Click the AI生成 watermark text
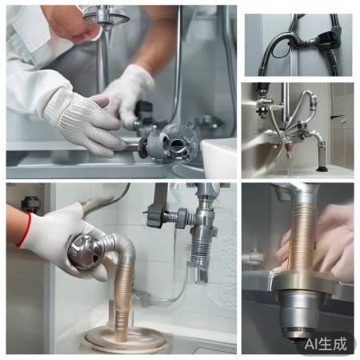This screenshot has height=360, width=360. [x=326, y=344]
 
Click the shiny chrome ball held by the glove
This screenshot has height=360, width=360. [x=86, y=251]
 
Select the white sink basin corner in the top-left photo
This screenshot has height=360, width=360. [x=218, y=158]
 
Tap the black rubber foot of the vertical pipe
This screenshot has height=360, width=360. [x=322, y=169]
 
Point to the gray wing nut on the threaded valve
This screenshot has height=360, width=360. [x=154, y=215]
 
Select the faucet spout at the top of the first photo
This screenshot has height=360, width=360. [x=106, y=17]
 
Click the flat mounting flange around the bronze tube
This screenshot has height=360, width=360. [x=303, y=282]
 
